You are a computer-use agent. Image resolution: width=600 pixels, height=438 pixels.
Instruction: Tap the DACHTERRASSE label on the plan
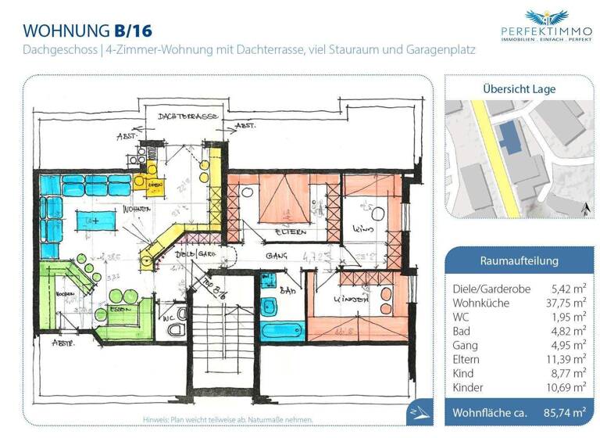click(187, 117)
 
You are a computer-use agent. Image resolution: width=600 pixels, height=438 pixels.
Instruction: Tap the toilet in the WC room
click(178, 329)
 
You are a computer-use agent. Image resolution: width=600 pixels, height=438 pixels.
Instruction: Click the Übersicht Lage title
click(519, 89)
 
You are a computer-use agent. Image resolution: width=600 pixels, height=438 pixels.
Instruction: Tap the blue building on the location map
click(512, 136)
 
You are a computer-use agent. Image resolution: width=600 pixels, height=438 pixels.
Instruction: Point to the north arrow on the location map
click(585, 206)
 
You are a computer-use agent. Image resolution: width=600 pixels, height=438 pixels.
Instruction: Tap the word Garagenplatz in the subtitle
click(437, 50)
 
